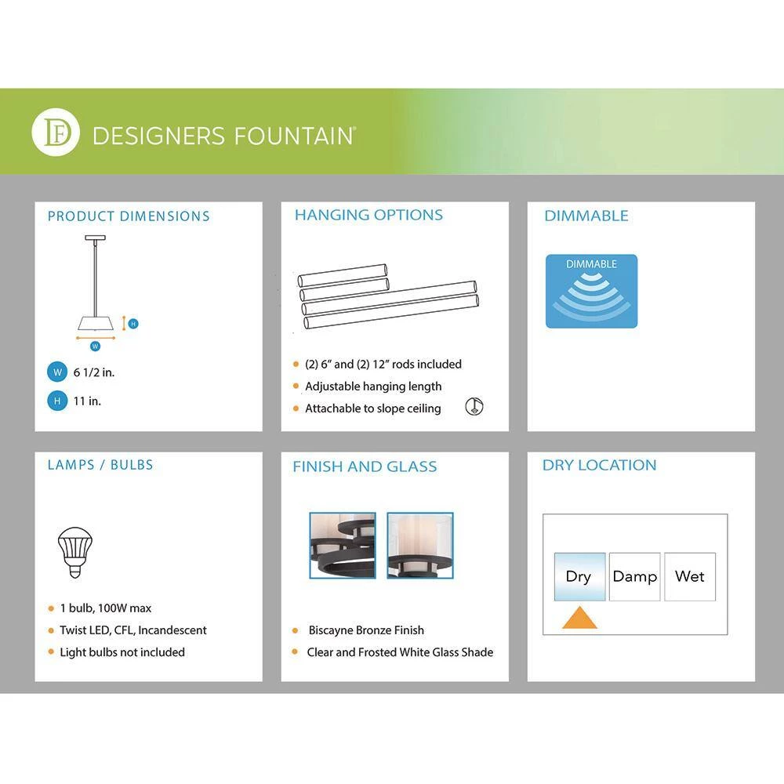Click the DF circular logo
[x=56, y=132]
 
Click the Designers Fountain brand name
[x=224, y=136]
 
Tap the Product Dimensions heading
[x=129, y=216]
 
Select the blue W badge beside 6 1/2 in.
[x=57, y=372]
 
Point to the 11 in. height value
[x=87, y=401]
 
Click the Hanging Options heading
[x=368, y=215]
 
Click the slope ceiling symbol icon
[x=474, y=406]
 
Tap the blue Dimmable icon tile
[x=591, y=291]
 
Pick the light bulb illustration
[x=75, y=552]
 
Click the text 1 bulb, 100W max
[x=106, y=608]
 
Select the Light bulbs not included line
[x=122, y=652]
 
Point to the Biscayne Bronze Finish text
[x=366, y=630]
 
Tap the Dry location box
[x=579, y=576]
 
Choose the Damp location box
[x=634, y=576]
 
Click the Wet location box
[x=690, y=576]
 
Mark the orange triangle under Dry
[x=579, y=618]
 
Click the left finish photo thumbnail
[x=343, y=545]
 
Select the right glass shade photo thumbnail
[x=420, y=545]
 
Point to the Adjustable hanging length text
[x=373, y=387]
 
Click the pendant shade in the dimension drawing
[x=96, y=323]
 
